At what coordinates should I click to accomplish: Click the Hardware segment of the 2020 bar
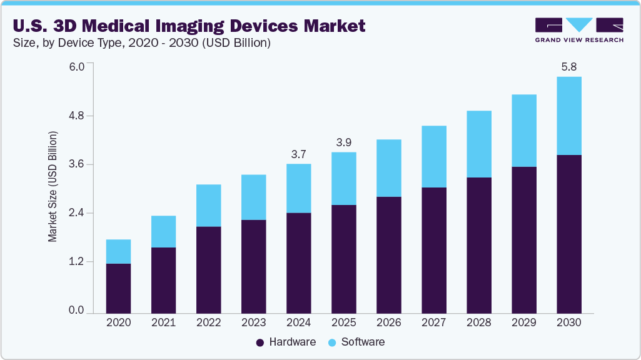click(118, 288)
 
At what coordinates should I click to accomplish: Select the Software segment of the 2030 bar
click(568, 116)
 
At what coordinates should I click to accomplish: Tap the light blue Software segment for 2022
click(208, 206)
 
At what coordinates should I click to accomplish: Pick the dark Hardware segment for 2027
click(433, 250)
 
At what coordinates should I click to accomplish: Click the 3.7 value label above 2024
click(298, 154)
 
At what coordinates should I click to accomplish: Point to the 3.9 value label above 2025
click(343, 142)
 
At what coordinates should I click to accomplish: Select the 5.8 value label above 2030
click(568, 66)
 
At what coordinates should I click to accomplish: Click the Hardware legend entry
click(286, 342)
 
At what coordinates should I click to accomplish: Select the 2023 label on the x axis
click(253, 323)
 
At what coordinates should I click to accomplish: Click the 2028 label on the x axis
click(478, 323)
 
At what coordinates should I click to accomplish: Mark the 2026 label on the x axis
click(388, 323)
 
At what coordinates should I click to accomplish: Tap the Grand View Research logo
click(579, 29)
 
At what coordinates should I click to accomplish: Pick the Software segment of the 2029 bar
click(523, 131)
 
